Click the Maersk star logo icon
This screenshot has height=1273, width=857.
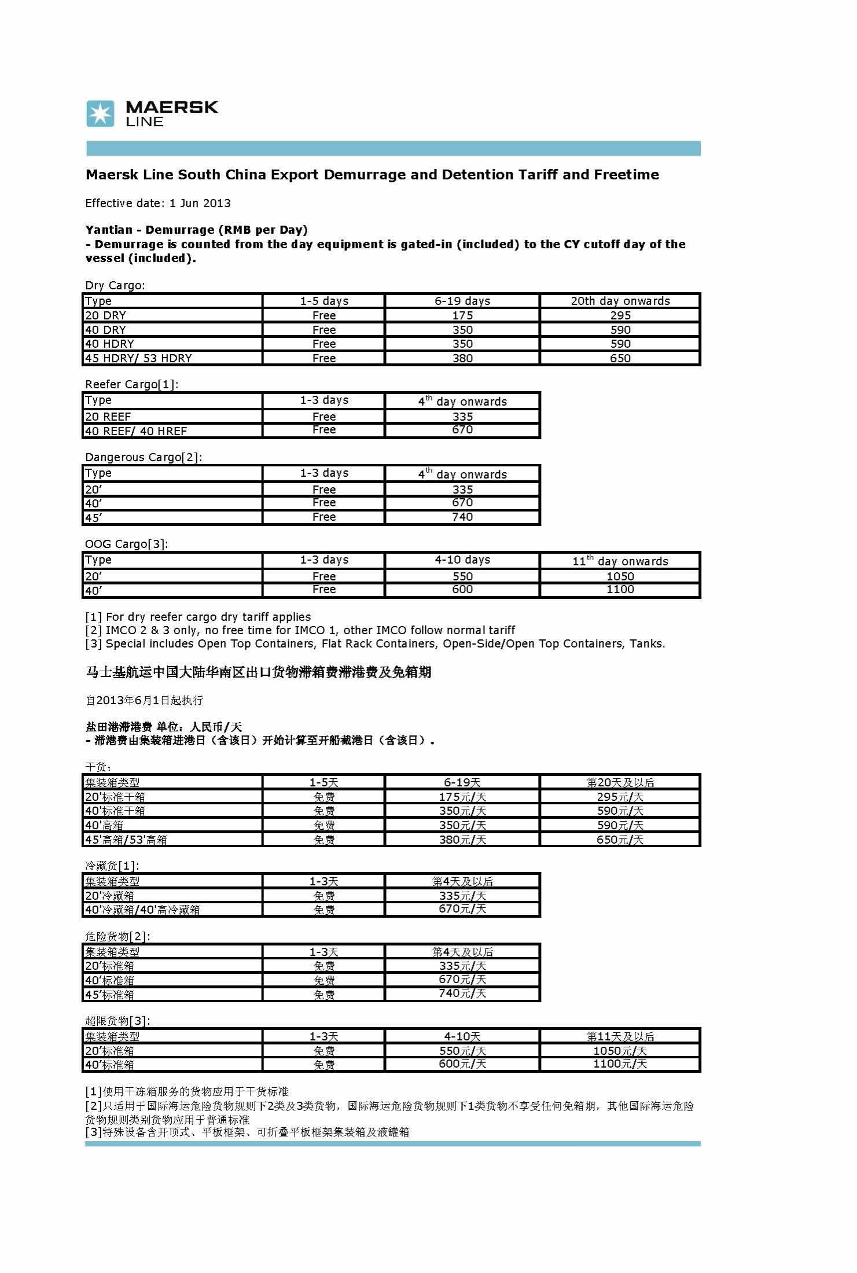[100, 113]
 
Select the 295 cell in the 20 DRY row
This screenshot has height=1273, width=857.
[620, 315]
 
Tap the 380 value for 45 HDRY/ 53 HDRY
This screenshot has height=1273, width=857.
[462, 358]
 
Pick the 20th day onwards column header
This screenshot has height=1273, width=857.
[620, 301]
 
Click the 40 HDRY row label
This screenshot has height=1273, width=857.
[109, 344]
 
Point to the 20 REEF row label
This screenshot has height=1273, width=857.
[108, 417]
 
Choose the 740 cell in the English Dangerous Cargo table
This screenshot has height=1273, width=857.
[462, 517]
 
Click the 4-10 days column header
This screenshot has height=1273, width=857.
[462, 560]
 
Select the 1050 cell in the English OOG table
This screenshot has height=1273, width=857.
[620, 576]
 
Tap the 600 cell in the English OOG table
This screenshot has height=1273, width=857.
[462, 590]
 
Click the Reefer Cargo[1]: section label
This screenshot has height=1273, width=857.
[132, 384]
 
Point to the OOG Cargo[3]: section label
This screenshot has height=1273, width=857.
[127, 544]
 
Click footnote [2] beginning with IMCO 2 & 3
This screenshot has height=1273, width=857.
[300, 630]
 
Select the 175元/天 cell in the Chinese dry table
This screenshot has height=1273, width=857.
[462, 797]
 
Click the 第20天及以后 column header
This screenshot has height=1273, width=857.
[620, 782]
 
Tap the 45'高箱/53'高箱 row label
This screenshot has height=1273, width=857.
[126, 840]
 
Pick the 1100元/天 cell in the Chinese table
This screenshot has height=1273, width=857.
[620, 1064]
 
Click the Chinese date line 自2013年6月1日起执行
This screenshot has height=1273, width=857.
[144, 700]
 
